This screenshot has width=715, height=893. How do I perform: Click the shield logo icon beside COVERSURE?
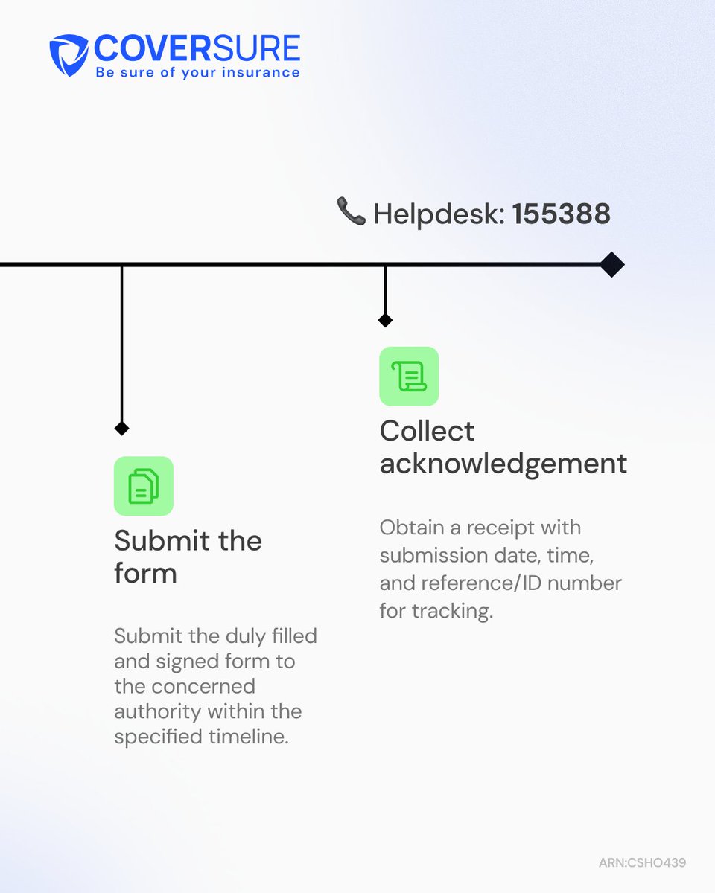tap(69, 55)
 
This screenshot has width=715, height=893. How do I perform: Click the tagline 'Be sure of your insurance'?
tap(198, 73)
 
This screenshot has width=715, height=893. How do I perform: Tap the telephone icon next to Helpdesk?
tap(351, 211)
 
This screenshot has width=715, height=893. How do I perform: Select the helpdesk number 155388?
tap(562, 214)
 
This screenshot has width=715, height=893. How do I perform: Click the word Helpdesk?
tap(439, 214)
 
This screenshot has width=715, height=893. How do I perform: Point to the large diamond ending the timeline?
tap(611, 264)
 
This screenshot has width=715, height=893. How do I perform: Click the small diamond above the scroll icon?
tap(385, 320)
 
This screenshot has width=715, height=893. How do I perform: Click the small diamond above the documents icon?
tap(121, 428)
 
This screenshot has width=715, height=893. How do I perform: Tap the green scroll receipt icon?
tap(409, 376)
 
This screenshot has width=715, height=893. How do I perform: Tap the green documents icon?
tap(144, 486)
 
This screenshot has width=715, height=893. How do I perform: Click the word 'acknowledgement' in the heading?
tap(503, 464)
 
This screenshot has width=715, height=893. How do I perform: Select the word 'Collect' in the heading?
tap(427, 430)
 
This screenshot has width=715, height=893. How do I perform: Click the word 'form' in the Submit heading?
tap(145, 573)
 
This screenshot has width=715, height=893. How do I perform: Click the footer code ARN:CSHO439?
tap(642, 862)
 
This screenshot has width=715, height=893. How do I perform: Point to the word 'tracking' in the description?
tap(452, 612)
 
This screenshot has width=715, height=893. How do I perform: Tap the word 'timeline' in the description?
tap(249, 737)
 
